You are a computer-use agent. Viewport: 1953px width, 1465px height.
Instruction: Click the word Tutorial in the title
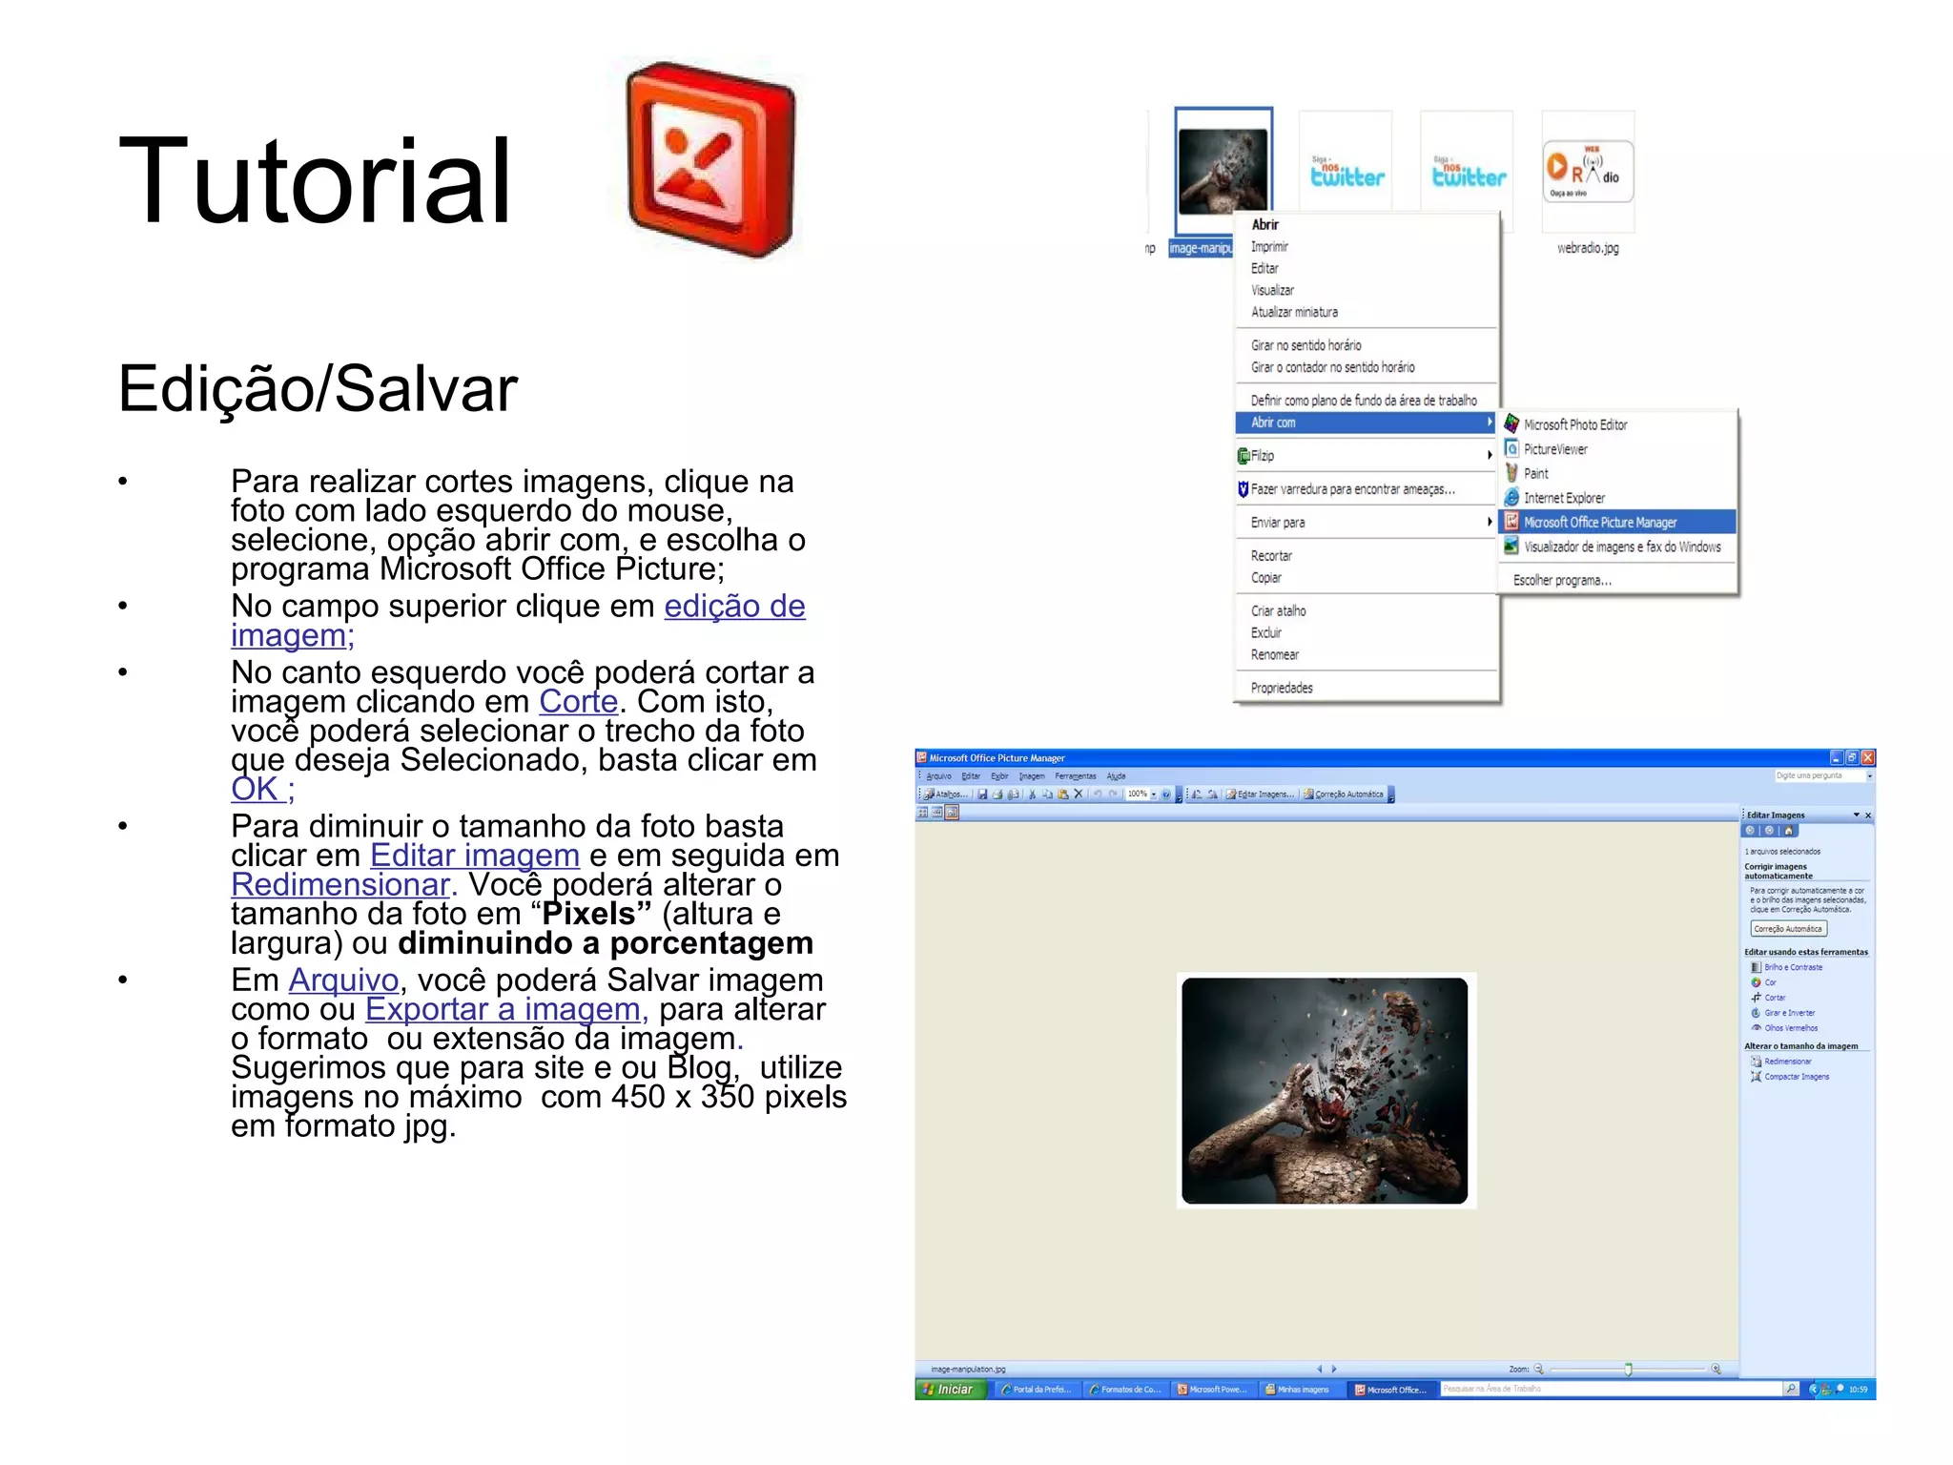(315, 181)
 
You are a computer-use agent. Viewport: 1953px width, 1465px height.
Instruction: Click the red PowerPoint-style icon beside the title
(710, 160)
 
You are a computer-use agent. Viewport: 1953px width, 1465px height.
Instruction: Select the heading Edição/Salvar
(318, 389)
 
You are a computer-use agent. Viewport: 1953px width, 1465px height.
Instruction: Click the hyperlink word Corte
(578, 702)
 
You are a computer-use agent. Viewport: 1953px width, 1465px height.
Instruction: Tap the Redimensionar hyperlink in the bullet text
(340, 885)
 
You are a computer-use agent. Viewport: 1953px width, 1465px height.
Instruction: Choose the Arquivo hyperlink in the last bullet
(343, 980)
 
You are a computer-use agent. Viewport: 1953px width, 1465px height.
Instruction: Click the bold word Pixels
(588, 914)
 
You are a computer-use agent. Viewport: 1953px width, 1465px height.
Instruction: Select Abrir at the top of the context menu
(1265, 225)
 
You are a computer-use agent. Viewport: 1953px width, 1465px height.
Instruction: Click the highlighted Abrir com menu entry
(1274, 423)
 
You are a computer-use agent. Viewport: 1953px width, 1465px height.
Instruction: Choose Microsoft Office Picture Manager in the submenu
(1600, 523)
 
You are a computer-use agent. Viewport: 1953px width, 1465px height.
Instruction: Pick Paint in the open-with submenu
(1536, 474)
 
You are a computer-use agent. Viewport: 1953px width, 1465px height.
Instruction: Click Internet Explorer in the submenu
(1564, 498)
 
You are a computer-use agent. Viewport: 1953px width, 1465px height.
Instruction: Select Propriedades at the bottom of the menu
(1282, 688)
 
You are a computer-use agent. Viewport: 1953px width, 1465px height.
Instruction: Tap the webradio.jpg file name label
(1588, 248)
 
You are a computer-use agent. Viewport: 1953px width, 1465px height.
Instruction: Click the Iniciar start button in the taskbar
(948, 1390)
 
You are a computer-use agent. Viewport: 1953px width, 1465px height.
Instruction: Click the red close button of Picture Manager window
(1868, 757)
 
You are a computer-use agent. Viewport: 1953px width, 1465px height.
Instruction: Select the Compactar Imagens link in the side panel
(1797, 1077)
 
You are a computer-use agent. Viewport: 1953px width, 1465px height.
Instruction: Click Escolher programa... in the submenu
(1562, 580)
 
